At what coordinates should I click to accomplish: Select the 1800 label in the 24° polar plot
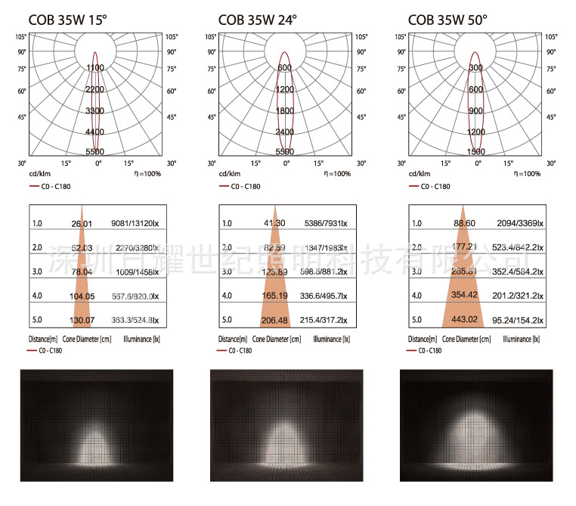284,111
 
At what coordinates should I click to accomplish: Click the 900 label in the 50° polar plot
475,111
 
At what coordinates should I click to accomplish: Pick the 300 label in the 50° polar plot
475,68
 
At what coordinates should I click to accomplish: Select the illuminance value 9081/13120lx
136,223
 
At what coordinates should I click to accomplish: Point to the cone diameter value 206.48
275,321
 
